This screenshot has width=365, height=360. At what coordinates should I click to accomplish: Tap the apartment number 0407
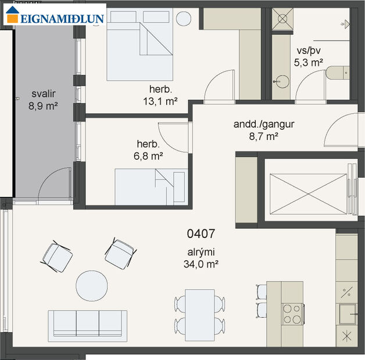[201, 234]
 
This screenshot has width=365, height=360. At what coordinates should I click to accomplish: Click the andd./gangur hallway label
[256, 124]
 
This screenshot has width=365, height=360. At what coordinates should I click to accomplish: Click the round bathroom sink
[283, 80]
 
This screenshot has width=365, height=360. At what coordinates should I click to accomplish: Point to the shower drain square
[283, 19]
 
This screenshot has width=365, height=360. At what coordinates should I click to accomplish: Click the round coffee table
[92, 286]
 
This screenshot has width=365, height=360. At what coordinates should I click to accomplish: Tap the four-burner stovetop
[292, 314]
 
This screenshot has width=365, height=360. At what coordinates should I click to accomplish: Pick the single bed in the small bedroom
[151, 186]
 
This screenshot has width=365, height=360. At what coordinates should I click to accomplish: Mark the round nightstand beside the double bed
[184, 17]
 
